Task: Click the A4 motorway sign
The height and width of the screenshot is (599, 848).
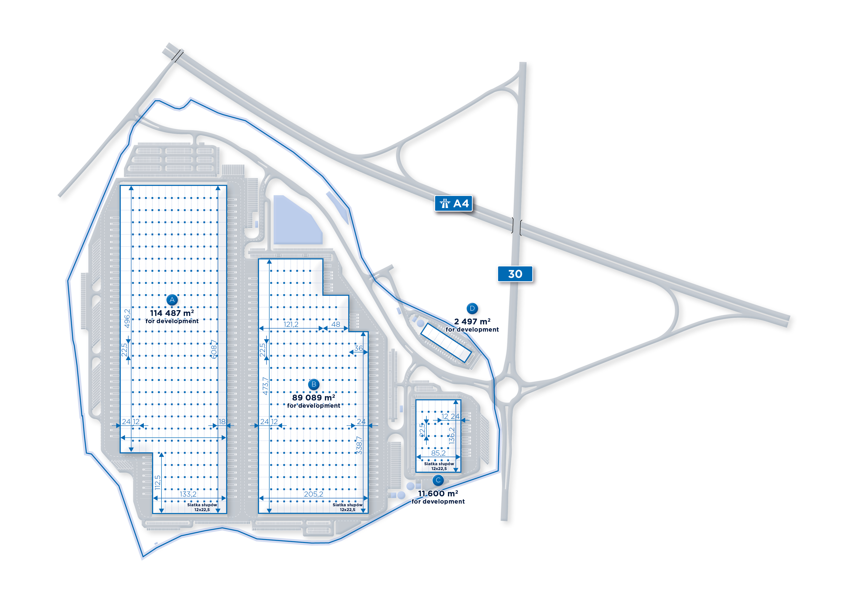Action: click(x=453, y=203)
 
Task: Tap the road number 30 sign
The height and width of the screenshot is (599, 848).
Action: click(x=515, y=274)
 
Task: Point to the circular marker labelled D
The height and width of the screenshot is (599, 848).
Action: click(x=472, y=308)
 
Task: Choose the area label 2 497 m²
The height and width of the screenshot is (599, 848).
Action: click(x=472, y=321)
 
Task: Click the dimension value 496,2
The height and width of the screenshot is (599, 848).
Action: click(x=127, y=318)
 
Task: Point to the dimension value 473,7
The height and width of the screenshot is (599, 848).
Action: click(x=265, y=386)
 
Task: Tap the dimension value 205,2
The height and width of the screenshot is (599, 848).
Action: click(x=313, y=494)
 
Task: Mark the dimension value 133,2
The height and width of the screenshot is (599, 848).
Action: click(x=188, y=494)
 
